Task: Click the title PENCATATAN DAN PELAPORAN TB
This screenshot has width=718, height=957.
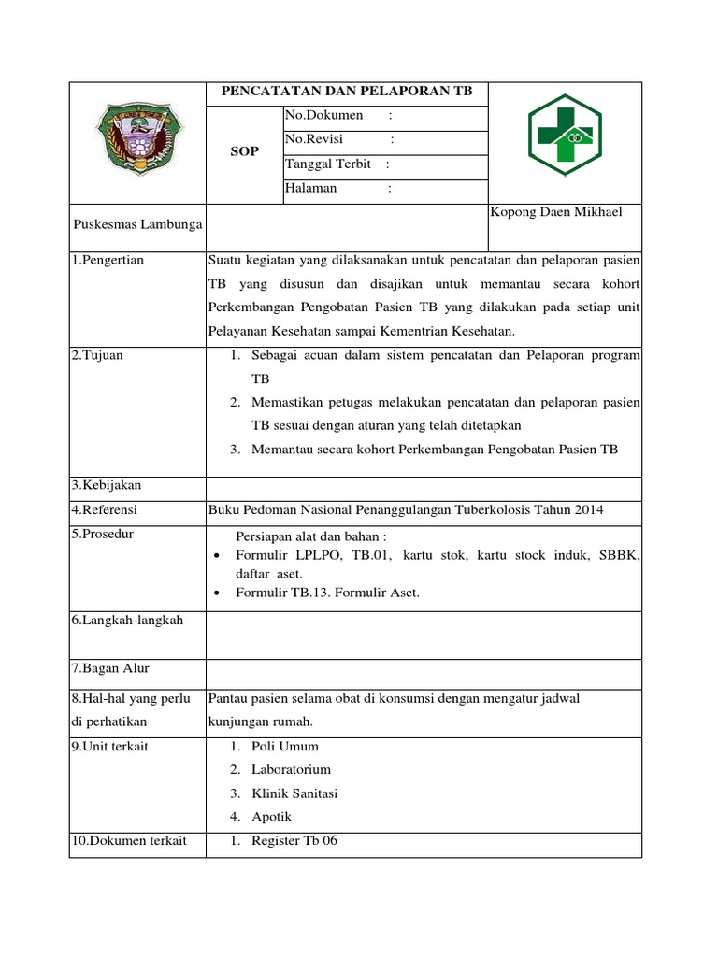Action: pyautogui.click(x=346, y=92)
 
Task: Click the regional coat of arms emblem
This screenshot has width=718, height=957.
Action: pyautogui.click(x=137, y=140)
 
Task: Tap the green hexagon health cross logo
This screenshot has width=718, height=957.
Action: pyautogui.click(x=565, y=140)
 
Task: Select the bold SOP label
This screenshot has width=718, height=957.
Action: pyautogui.click(x=244, y=151)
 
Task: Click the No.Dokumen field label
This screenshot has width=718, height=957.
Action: pyautogui.click(x=322, y=116)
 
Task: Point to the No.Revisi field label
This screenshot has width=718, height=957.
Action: pyautogui.click(x=316, y=140)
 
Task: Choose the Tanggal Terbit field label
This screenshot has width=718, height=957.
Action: pyautogui.click(x=327, y=164)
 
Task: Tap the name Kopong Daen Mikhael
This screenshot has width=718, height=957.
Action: pyautogui.click(x=555, y=213)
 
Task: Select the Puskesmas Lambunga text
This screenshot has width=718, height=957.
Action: pyautogui.click(x=137, y=226)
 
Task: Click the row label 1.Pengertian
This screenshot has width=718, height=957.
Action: pyautogui.click(x=108, y=260)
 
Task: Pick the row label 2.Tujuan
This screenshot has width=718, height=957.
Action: pyautogui.click(x=97, y=355)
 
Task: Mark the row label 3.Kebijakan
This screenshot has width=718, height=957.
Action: pyautogui.click(x=107, y=485)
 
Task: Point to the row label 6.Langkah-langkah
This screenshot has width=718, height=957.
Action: pyautogui.click(x=127, y=620)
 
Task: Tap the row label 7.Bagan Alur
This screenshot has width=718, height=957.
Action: pyautogui.click(x=110, y=668)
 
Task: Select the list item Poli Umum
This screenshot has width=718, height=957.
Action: pyautogui.click(x=284, y=746)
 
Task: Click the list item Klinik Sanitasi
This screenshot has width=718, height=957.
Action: pyautogui.click(x=294, y=793)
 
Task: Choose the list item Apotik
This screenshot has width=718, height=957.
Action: pyautogui.click(x=271, y=817)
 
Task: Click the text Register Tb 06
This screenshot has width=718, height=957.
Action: pyautogui.click(x=294, y=840)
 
